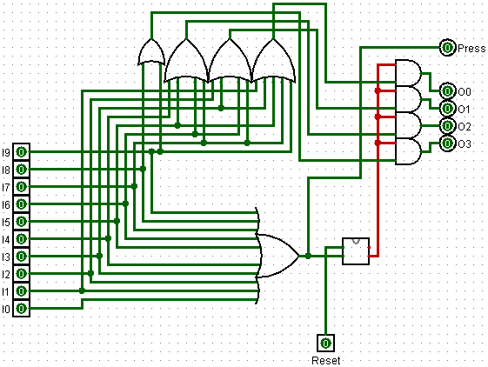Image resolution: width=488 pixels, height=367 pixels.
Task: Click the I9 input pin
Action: click(x=21, y=152)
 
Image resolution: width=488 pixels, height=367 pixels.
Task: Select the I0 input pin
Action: click(x=21, y=309)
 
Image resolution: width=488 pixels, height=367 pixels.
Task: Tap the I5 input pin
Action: click(x=21, y=222)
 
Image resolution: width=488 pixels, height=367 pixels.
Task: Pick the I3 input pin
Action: click(x=21, y=257)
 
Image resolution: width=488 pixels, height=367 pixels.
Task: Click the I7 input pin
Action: click(x=21, y=187)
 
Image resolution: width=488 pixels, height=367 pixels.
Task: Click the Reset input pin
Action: click(x=325, y=344)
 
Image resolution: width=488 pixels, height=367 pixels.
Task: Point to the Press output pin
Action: click(x=447, y=48)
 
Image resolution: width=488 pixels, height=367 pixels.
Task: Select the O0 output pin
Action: click(x=447, y=91)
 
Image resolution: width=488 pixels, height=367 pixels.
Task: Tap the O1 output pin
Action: click(x=447, y=109)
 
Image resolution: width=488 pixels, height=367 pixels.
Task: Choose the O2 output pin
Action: click(x=447, y=126)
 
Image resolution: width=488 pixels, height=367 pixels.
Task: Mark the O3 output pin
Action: click(x=447, y=143)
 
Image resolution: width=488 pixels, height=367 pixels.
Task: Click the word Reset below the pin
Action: click(x=326, y=361)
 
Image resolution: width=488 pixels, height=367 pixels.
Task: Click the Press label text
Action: click(x=471, y=49)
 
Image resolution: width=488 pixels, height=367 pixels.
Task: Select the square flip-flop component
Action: click(x=356, y=251)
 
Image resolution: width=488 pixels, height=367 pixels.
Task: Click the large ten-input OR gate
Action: click(x=277, y=256)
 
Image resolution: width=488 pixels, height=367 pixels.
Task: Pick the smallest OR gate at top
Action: click(x=151, y=52)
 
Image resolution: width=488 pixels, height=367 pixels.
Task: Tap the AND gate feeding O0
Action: click(x=408, y=73)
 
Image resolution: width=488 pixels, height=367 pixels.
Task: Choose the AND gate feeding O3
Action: click(x=408, y=151)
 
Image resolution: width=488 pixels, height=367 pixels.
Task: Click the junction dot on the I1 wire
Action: click(x=82, y=290)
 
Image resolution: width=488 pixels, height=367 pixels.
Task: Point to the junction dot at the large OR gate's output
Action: click(x=308, y=256)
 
